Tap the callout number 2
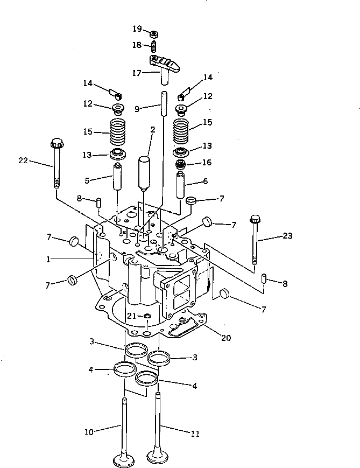153,130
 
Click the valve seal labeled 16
182,163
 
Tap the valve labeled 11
158,431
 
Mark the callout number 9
137,109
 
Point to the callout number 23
287,235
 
